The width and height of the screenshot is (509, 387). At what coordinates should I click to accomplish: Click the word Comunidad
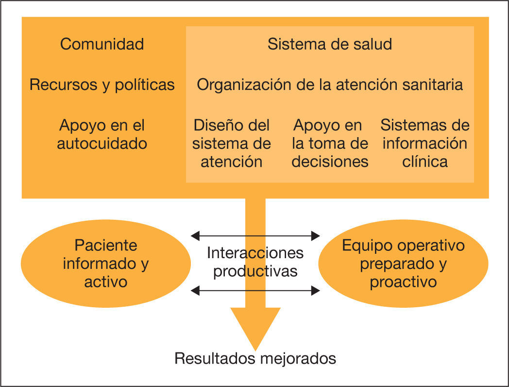click(102, 44)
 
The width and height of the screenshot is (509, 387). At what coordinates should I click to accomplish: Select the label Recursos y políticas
click(102, 85)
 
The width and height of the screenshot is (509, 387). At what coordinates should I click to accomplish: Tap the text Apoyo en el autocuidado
click(102, 134)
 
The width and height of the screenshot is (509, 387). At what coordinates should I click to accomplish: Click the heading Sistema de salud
click(330, 44)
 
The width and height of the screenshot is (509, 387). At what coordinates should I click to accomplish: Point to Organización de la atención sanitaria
click(330, 85)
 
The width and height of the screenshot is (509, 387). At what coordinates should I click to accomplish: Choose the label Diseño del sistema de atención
click(232, 143)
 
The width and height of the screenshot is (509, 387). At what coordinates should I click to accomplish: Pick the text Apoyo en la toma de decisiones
click(330, 143)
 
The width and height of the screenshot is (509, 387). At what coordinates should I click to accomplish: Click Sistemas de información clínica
click(425, 143)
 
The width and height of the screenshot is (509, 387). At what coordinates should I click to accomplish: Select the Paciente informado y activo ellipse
click(106, 263)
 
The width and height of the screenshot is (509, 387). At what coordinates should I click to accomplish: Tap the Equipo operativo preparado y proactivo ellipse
click(403, 263)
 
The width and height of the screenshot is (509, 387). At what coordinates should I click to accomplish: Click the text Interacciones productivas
click(255, 262)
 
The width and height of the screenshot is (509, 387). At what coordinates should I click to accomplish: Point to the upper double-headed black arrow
click(255, 236)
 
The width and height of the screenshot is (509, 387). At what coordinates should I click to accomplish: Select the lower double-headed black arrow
click(255, 291)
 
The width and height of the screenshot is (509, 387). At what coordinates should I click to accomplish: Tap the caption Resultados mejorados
click(255, 359)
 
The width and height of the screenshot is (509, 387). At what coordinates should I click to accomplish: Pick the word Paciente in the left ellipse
click(106, 245)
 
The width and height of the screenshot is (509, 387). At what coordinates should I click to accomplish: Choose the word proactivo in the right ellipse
click(403, 282)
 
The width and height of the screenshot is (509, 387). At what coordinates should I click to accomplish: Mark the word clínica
click(425, 161)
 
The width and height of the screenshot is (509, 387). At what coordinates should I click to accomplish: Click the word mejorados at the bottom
click(297, 359)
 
